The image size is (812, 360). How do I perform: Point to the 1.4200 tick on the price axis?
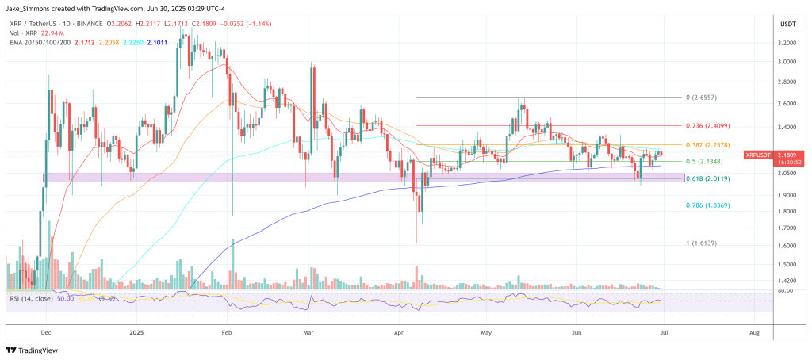787,281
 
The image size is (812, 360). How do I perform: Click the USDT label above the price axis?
787,24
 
